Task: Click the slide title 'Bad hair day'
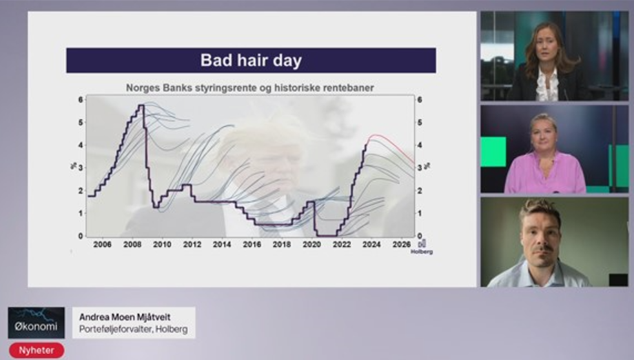pyautogui.click(x=251, y=61)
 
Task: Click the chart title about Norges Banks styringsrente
pyautogui.click(x=250, y=88)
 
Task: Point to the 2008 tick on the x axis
pyautogui.click(x=132, y=244)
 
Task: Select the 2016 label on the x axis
pyautogui.click(x=252, y=244)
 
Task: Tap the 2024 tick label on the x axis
pyautogui.click(x=371, y=244)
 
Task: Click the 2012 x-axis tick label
pyautogui.click(x=192, y=244)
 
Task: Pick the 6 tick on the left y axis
pyautogui.click(x=81, y=99)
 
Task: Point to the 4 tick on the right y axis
pyautogui.click(x=420, y=145)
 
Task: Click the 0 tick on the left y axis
pyautogui.click(x=81, y=236)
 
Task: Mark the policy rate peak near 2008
pyautogui.click(x=141, y=105)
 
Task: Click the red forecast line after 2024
pyautogui.click(x=391, y=145)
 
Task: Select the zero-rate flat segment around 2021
pyautogui.click(x=327, y=235)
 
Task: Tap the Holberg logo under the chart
pyautogui.click(x=422, y=248)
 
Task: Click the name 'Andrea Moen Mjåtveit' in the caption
pyautogui.click(x=125, y=317)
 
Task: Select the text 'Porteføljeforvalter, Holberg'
pyautogui.click(x=134, y=329)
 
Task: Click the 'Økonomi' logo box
pyautogui.click(x=37, y=323)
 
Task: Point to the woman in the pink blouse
pyautogui.click(x=544, y=156)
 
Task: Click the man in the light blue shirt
pyautogui.click(x=540, y=245)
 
